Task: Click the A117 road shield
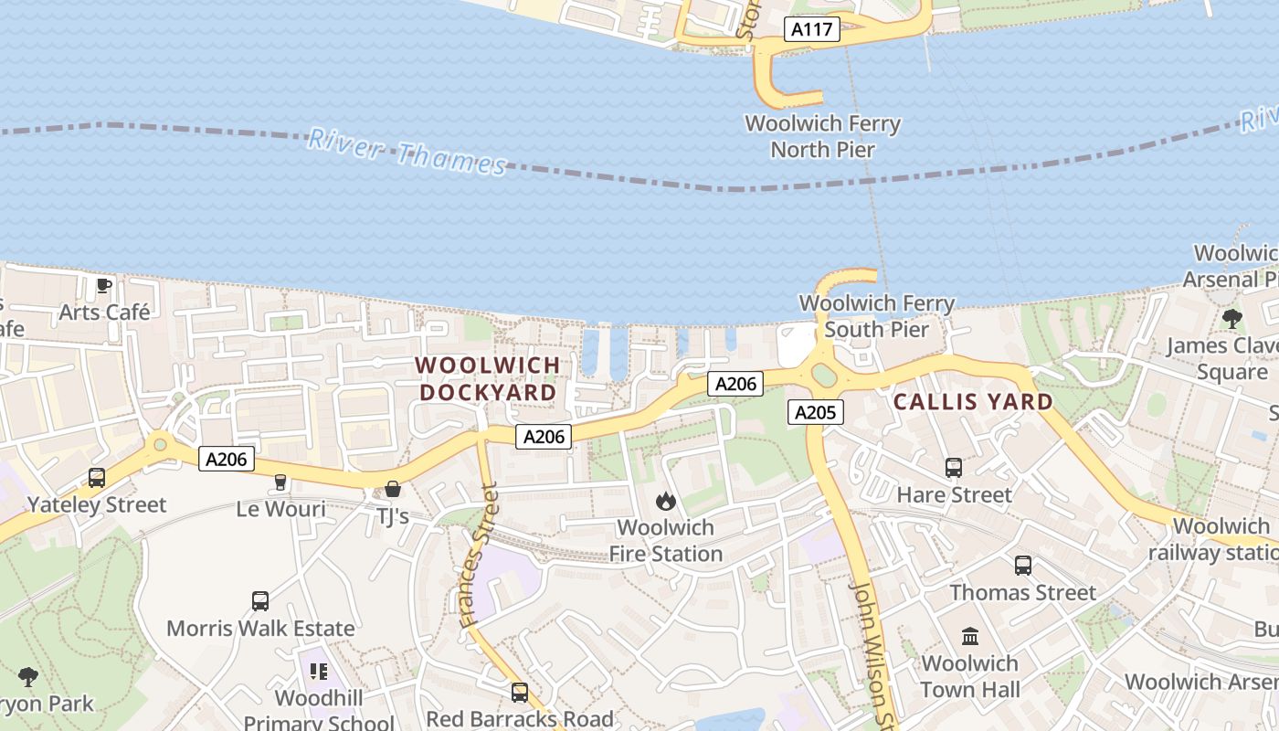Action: (x=811, y=29)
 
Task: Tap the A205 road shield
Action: (x=815, y=412)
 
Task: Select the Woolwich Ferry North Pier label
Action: (x=822, y=136)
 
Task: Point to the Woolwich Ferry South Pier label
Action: (x=876, y=316)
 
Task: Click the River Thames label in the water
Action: (x=407, y=152)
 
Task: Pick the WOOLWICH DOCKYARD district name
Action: (x=487, y=378)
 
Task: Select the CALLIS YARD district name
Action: (x=973, y=402)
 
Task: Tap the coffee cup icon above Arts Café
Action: (x=104, y=285)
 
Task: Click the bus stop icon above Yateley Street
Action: (x=97, y=477)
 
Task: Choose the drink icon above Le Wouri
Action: (x=280, y=482)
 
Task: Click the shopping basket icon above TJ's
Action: (x=393, y=489)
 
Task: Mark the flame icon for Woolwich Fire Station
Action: (x=666, y=501)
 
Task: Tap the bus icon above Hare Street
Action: (x=954, y=468)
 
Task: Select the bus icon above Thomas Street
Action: (x=1023, y=566)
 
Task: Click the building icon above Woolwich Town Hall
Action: (x=970, y=636)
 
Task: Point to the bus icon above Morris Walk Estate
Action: (x=260, y=601)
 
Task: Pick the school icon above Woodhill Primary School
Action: (x=318, y=672)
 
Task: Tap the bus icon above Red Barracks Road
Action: (x=520, y=693)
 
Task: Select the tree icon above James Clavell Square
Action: (x=1231, y=319)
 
